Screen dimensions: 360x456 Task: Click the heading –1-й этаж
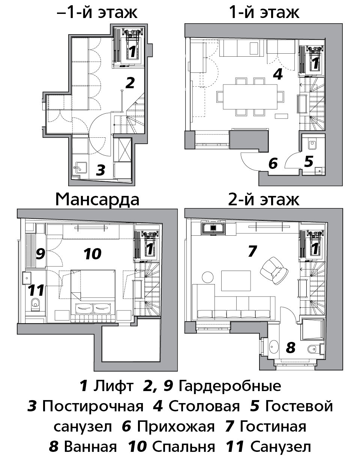point(97,13)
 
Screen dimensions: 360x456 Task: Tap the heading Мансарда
point(97,200)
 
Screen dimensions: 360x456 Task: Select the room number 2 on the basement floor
point(130,83)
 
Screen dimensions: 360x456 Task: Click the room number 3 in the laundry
point(100,170)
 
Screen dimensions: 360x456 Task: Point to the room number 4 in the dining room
point(277,74)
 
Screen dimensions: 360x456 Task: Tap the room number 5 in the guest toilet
point(309,161)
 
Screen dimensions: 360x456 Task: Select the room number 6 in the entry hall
point(273,164)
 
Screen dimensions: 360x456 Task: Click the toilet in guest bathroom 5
point(312,145)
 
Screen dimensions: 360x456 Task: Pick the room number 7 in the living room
point(252,251)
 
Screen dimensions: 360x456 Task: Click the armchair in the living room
point(274,271)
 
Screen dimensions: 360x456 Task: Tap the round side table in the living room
point(208,277)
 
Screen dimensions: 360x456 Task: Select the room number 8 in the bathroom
point(291,348)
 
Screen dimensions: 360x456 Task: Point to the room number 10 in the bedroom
point(93,254)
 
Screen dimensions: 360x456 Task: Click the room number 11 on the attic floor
point(36,290)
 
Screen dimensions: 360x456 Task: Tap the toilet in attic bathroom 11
point(35,304)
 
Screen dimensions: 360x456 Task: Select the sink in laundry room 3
point(80,168)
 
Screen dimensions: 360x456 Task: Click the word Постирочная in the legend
point(93,406)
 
